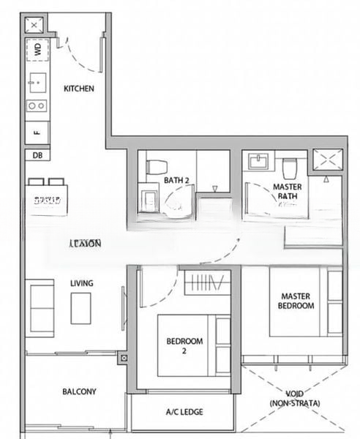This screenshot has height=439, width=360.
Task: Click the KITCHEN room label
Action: [79, 89]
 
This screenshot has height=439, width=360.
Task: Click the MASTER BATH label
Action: [287, 192]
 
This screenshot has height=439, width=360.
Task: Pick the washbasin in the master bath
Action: [258, 162]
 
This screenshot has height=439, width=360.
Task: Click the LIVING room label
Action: [81, 283]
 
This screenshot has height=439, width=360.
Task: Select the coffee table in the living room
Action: [80, 308]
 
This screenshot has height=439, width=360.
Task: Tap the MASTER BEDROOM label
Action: [297, 301]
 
